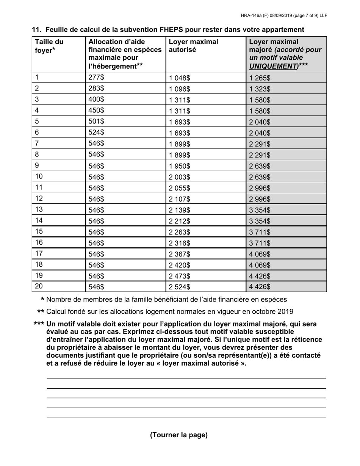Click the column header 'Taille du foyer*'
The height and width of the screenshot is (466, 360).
coord(49,46)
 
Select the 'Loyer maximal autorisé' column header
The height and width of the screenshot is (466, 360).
coord(193,46)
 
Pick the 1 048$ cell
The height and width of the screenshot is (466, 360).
coord(180,78)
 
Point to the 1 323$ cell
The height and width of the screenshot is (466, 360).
coord(260,89)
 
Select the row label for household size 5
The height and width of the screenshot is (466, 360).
coord(37,121)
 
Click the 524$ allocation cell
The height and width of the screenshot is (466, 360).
coord(96,133)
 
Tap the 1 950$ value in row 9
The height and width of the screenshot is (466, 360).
coord(180,166)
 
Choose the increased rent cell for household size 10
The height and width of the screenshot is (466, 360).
coord(260,177)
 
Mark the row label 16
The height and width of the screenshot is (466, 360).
coord(39,242)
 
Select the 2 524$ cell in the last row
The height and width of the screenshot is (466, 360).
coord(180,287)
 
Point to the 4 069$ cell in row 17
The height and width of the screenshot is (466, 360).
coord(260,254)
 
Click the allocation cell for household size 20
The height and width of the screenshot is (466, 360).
coord(96,287)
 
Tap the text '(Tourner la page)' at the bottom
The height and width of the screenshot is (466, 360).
coord(179,435)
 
